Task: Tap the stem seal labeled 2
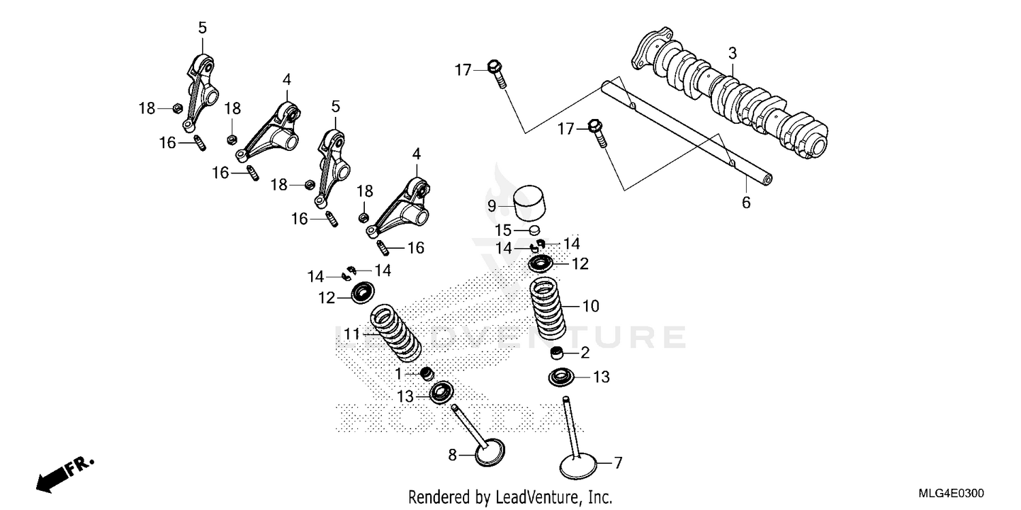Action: coord(558,354)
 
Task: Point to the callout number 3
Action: coord(732,52)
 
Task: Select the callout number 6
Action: coord(746,203)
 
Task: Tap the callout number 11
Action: coord(351,334)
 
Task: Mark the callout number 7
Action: coord(618,464)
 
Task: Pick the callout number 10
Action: coord(591,307)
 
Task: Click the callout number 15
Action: coord(502,230)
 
